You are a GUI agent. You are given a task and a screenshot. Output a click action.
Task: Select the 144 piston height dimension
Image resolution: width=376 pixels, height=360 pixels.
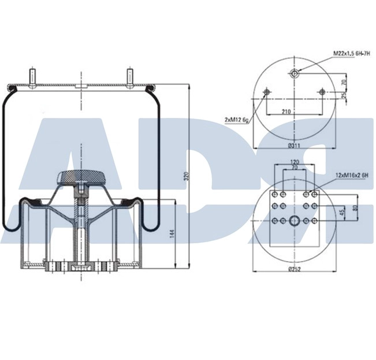173,233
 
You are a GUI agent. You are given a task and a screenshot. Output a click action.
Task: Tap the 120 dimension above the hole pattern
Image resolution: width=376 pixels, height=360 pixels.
294,162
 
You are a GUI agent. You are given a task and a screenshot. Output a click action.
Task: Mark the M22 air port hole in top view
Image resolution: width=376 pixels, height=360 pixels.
295,73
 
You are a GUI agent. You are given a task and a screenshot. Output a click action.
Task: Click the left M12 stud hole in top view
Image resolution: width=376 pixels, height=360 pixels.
266,92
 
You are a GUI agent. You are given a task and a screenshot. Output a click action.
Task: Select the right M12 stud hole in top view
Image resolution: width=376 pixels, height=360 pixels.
322,92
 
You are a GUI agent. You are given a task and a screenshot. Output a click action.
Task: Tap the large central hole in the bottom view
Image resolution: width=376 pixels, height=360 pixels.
295,220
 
